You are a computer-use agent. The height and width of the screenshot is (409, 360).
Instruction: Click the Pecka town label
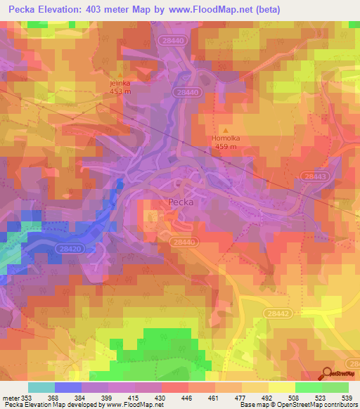181,202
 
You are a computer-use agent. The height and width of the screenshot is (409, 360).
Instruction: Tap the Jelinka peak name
120,82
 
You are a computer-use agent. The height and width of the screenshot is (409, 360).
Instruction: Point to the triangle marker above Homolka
225,130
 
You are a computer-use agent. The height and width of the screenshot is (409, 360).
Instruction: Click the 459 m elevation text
225,147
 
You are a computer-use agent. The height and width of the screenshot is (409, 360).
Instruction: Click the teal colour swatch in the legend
41,387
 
